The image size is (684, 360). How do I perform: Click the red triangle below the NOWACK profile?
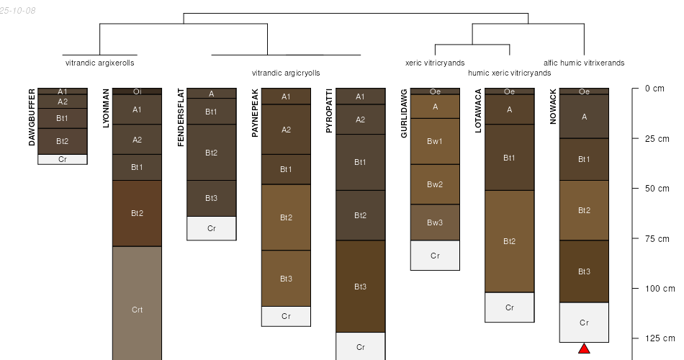(x=584, y=348)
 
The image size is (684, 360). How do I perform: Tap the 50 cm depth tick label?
(x=657, y=189)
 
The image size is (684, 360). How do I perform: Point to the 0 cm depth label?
(x=654, y=89)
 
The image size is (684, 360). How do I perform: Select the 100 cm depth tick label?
(x=660, y=289)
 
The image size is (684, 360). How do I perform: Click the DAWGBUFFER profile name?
(x=32, y=117)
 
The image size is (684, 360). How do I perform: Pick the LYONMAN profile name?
(x=106, y=108)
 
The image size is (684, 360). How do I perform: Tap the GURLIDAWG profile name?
(x=404, y=114)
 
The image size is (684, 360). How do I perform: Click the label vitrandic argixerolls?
(x=100, y=63)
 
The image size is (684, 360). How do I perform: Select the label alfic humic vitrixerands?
(x=584, y=63)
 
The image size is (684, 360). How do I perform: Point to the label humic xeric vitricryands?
(x=510, y=73)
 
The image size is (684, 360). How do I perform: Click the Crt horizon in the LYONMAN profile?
(x=137, y=303)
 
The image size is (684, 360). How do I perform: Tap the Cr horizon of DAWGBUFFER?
(x=63, y=159)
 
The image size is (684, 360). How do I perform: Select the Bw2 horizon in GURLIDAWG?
(x=435, y=184)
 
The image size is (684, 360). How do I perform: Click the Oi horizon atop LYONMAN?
(x=137, y=91)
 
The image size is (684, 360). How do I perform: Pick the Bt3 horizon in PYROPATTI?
(x=360, y=287)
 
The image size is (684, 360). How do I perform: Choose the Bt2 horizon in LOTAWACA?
(x=510, y=241)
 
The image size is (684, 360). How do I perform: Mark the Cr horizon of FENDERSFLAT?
(x=212, y=228)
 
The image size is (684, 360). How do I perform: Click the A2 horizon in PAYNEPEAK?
(x=286, y=129)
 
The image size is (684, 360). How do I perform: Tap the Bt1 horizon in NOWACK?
(x=584, y=159)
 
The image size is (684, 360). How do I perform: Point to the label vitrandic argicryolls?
(x=286, y=73)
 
